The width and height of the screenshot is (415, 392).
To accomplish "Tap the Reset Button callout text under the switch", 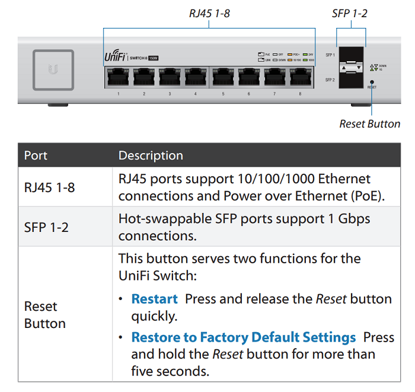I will tap(369, 124).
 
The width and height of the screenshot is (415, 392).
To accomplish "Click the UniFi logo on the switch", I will tap(114, 58).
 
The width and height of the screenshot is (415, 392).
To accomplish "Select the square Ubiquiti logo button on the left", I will tap(53, 70).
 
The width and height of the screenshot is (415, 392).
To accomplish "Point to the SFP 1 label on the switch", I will tap(330, 56).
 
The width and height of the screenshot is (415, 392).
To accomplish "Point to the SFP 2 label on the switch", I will tap(330, 79).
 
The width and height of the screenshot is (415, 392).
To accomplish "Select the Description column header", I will tap(151, 156).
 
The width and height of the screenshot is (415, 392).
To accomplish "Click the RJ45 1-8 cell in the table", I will tap(49, 187).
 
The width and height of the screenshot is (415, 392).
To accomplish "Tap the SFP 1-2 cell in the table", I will tap(46, 227).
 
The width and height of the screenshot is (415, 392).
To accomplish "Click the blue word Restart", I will tap(154, 298).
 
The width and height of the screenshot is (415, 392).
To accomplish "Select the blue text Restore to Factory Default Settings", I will tap(243, 337).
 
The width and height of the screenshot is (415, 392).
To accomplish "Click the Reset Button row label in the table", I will tap(44, 315).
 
